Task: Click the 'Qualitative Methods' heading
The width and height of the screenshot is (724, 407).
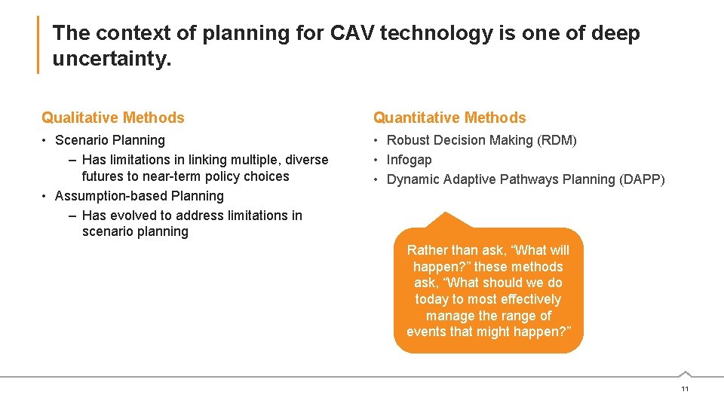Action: [x=113, y=118]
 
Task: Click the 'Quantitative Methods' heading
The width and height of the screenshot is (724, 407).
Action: [x=449, y=118]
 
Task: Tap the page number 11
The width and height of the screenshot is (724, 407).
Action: [x=684, y=389]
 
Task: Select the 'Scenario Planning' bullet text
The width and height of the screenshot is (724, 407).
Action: [x=110, y=140]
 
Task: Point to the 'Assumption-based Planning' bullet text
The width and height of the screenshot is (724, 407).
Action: [x=140, y=196]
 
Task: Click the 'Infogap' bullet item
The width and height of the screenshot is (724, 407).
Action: [x=409, y=160]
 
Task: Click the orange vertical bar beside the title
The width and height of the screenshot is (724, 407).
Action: [x=38, y=45]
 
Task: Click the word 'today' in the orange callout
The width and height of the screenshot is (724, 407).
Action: [x=432, y=299]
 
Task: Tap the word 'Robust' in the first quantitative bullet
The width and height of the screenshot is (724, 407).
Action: [x=408, y=140]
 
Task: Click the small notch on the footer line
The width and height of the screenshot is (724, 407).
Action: [x=684, y=373]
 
